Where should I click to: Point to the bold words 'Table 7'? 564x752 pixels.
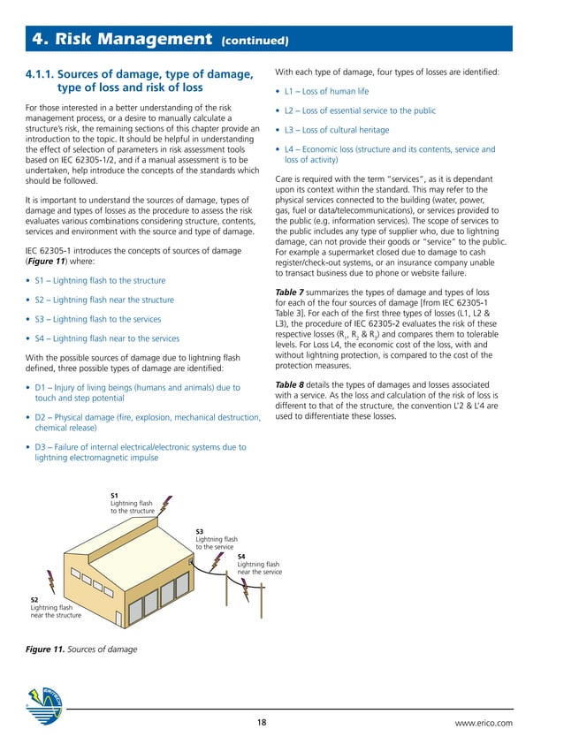292,292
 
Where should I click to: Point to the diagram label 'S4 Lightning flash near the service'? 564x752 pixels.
259,564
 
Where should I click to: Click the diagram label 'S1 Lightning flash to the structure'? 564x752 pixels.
132,503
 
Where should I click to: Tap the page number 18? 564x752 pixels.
262,723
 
